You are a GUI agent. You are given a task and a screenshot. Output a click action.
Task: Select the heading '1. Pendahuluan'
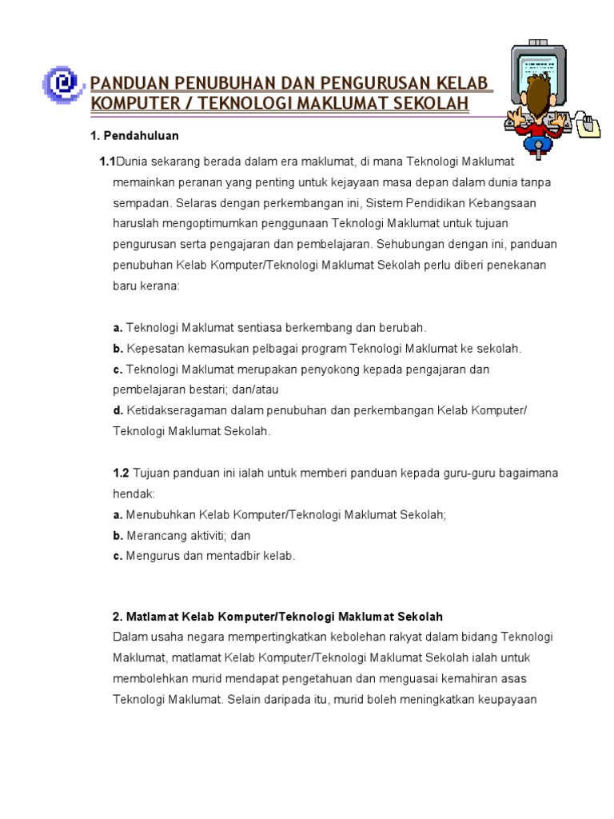click(x=134, y=135)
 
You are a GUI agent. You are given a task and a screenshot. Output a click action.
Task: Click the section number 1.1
click(x=107, y=162)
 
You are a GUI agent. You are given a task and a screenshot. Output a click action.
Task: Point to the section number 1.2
click(x=121, y=473)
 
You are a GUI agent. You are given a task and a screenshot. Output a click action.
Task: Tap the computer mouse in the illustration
click(x=590, y=124)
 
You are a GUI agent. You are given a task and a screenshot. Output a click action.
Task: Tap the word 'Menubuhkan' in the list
click(x=159, y=515)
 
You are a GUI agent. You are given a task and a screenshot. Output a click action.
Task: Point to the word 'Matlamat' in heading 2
click(x=150, y=617)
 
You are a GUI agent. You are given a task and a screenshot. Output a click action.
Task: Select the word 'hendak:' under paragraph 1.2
click(x=130, y=494)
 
